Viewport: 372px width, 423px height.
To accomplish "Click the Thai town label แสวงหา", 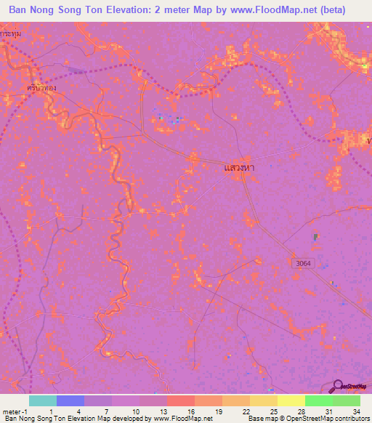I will pyautogui.click(x=238, y=167).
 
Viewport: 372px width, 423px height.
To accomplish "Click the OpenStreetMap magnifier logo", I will pyautogui.click(x=339, y=387).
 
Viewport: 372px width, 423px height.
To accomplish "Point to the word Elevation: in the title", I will pyautogui.click(x=150, y=9).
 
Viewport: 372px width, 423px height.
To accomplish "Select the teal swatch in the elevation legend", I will pyautogui.click(x=43, y=400).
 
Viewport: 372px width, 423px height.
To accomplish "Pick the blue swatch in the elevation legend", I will pyautogui.click(x=70, y=400).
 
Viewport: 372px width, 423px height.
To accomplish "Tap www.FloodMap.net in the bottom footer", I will pyautogui.click(x=182, y=419).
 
